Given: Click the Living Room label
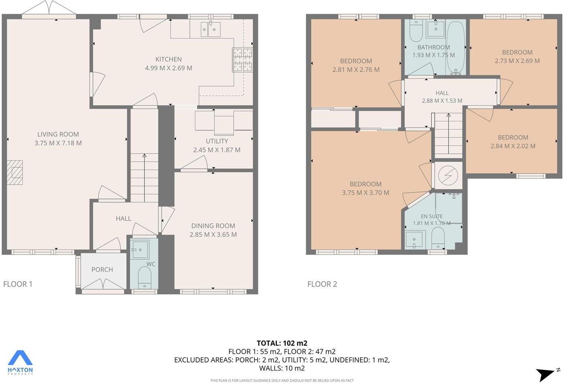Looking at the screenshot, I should (58, 134).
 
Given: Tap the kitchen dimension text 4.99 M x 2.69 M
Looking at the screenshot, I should (169, 68).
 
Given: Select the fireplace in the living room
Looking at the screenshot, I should (15, 172).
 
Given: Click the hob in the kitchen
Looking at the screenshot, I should (242, 60).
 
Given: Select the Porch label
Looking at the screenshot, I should (102, 270).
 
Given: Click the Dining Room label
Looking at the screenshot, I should (213, 226).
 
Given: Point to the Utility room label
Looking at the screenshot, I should (217, 141).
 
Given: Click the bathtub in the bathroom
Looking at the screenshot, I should (456, 48).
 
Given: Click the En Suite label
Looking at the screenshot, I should (432, 216).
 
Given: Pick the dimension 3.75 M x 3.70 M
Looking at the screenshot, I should (365, 193).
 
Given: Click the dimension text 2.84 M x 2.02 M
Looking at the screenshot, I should (513, 146).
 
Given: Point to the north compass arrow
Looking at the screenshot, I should (547, 374).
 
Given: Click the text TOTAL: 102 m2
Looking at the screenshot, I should (282, 343).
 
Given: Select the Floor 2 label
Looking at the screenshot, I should (322, 284).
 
